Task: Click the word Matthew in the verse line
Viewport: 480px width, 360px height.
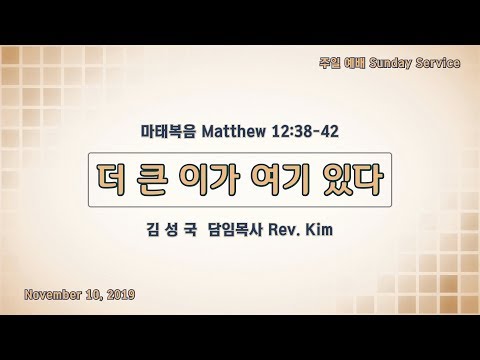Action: tap(234, 131)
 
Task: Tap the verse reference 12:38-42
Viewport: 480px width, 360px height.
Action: tap(305, 131)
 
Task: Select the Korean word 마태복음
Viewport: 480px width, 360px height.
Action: tap(168, 131)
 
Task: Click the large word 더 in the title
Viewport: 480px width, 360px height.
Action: tap(112, 179)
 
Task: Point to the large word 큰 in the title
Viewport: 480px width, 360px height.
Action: tap(151, 179)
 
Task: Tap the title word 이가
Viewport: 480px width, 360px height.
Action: tap(209, 179)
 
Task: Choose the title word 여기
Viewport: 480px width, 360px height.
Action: tap(281, 179)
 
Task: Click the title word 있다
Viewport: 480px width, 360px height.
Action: tap(353, 179)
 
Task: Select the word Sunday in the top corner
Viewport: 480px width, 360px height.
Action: tap(390, 63)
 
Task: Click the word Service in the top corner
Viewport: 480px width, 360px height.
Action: tap(438, 63)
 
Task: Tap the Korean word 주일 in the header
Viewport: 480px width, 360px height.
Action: tap(329, 63)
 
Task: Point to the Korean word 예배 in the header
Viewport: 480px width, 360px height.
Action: tap(354, 63)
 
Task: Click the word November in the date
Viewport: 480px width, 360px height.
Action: tap(52, 295)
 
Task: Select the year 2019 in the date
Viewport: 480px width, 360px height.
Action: tap(121, 295)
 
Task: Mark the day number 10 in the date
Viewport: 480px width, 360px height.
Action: tap(94, 295)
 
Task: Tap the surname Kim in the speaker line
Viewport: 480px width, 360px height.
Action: tap(319, 230)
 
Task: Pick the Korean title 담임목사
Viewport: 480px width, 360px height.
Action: tap(236, 230)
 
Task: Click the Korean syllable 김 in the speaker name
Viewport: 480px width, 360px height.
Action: tap(153, 230)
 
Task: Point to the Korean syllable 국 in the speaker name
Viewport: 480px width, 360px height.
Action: tap(190, 230)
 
